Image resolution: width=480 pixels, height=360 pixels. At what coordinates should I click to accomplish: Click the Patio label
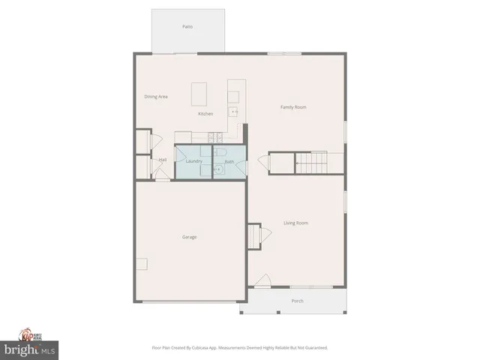point(187,26)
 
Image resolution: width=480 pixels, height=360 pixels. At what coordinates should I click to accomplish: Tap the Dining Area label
point(156,97)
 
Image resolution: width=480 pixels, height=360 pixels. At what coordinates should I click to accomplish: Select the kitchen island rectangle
point(199,94)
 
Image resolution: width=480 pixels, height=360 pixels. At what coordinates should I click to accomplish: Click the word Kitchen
point(205,114)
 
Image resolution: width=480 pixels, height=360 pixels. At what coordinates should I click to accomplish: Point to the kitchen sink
point(233,112)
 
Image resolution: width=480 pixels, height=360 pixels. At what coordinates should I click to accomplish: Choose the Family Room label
point(293,107)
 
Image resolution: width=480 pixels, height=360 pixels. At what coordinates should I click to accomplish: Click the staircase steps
point(312,163)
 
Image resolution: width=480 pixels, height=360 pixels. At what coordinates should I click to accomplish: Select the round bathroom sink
point(218,170)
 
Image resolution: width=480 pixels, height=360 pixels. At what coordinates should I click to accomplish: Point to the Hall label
point(162,160)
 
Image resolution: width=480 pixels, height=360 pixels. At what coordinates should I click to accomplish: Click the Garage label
point(190,237)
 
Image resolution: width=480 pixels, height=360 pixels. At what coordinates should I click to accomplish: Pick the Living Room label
point(295,223)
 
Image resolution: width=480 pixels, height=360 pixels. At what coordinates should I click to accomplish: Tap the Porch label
point(298,301)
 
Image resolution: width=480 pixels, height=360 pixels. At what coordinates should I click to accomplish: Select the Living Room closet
point(254,235)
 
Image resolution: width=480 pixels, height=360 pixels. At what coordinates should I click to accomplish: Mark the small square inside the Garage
point(142,264)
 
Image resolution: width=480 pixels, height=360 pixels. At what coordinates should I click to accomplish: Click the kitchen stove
point(214,137)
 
